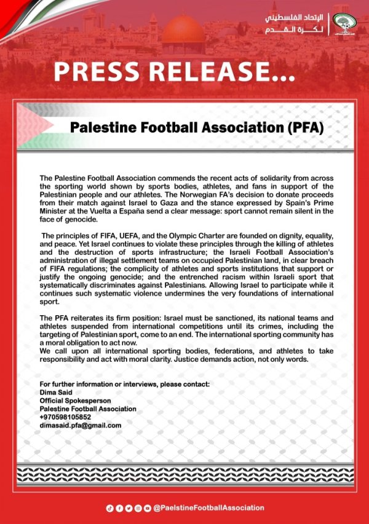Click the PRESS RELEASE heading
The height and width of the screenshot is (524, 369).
pos(172,72)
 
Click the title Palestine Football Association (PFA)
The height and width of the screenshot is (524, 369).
pos(197,128)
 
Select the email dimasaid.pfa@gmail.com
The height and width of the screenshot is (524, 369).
pos(80,425)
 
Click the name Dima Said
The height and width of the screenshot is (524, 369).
pos(56,393)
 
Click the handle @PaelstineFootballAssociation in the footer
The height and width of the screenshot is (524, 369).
pos(208,508)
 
